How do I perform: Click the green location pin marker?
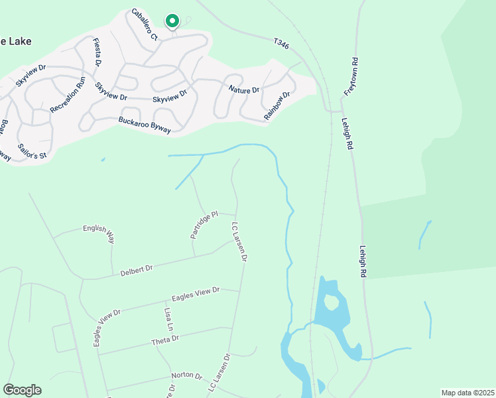click(x=172, y=21)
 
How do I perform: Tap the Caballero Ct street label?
click(x=144, y=25)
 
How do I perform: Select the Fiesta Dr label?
click(x=97, y=52)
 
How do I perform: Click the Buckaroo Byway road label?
click(x=144, y=125)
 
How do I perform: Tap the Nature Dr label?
click(x=243, y=89)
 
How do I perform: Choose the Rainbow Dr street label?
click(x=277, y=105)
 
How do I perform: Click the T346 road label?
click(x=282, y=43)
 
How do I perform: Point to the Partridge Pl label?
click(x=204, y=226)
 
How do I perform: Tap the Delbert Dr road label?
click(x=137, y=270)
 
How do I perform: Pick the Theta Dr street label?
click(x=165, y=340)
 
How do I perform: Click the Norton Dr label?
click(x=186, y=375)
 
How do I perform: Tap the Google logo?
click(x=22, y=390)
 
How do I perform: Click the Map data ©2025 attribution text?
click(x=467, y=392)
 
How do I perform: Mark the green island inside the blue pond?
click(x=331, y=302)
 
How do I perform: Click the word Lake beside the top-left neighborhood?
click(x=18, y=41)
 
